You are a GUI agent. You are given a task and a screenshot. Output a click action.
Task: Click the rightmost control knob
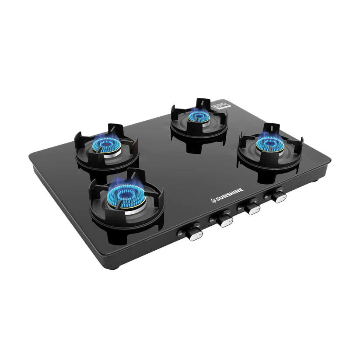tap(278, 196)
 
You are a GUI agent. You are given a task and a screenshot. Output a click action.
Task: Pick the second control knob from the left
tap(225, 220)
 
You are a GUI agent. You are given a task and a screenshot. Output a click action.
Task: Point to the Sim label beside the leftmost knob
tap(180, 235)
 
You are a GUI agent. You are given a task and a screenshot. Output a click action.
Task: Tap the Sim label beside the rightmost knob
tap(266, 198)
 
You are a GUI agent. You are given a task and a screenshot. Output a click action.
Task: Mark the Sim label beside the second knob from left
tap(212, 221)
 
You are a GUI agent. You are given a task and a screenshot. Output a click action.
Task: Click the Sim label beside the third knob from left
tap(240, 210)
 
